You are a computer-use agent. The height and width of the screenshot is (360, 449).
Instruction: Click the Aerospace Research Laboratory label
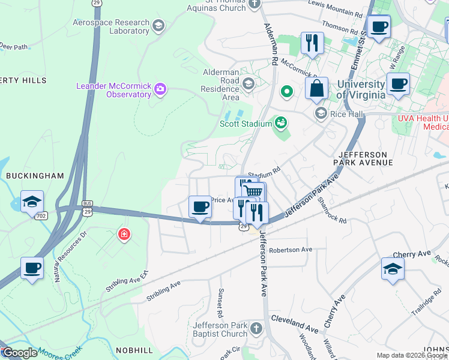pos(110,26)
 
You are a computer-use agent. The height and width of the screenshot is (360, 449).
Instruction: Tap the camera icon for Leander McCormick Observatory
pos(160,90)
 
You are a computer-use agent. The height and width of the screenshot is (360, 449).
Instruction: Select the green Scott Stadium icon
pos(280,124)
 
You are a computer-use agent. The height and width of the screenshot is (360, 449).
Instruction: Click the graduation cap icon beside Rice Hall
pos(321,113)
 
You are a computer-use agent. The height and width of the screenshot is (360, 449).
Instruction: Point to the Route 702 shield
pos(41,215)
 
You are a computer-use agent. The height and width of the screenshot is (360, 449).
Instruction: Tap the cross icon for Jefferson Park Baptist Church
pos(256,329)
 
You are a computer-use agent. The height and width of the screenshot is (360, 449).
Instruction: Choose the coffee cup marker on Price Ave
pos(200,207)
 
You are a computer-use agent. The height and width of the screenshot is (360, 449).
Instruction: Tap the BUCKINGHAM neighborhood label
pos(34,176)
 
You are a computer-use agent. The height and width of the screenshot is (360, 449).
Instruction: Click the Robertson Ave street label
pos(291,250)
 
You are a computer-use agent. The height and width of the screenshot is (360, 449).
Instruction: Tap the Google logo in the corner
pos(19,353)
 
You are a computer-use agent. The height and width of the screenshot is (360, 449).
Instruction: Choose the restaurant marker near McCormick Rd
pos(312,43)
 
